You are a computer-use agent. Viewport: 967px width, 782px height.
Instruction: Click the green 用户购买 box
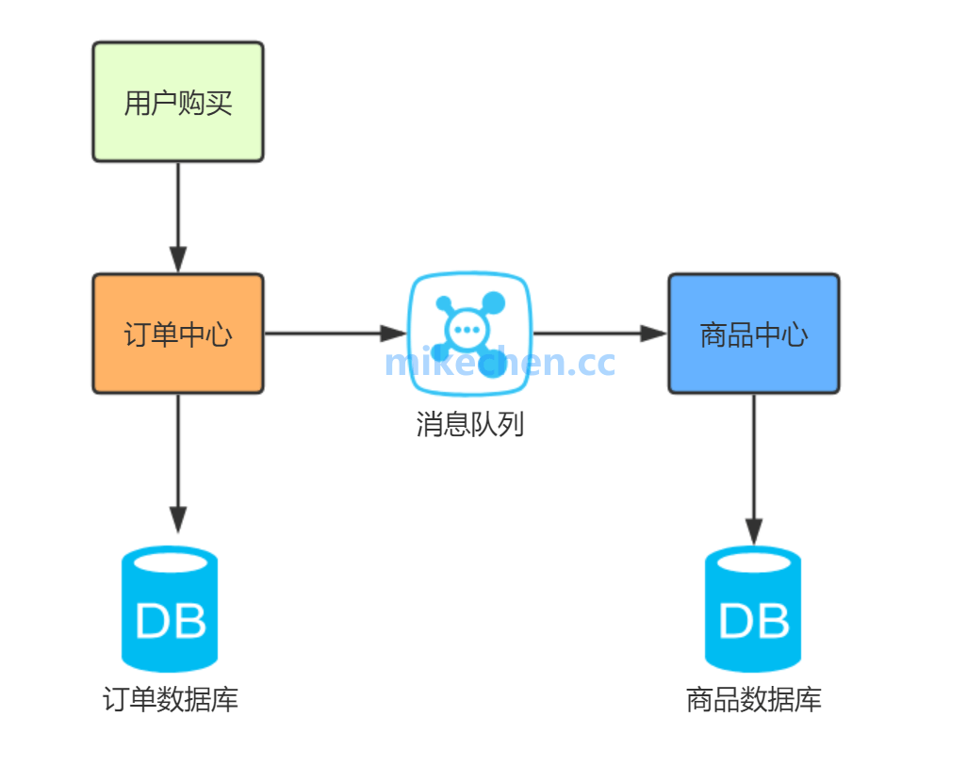(178, 102)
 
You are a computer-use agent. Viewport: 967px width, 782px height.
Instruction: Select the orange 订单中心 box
(178, 334)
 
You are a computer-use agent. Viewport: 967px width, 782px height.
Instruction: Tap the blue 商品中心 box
(753, 334)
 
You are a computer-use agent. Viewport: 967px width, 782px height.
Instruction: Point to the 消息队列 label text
(469, 424)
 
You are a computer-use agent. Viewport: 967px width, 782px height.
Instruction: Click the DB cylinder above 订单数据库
(171, 608)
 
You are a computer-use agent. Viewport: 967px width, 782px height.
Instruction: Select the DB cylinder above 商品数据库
(753, 608)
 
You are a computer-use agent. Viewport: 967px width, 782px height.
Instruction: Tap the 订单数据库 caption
(171, 700)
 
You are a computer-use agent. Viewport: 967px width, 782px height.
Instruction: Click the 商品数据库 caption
(753, 700)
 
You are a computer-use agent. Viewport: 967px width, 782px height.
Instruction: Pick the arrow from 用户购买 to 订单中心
(178, 217)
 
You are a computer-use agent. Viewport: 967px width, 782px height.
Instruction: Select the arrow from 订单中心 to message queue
(335, 333)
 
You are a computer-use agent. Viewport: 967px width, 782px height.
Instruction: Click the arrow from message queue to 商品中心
(599, 333)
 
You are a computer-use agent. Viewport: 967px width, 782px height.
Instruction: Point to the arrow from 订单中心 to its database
(178, 462)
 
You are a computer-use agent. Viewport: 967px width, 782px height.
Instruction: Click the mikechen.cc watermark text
(500, 362)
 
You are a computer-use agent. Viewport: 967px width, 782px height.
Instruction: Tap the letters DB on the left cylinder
(171, 621)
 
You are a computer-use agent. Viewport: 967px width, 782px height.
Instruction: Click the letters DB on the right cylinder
(753, 621)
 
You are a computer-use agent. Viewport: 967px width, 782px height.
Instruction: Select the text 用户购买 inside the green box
(178, 103)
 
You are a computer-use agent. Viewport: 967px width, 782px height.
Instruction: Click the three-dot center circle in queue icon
(466, 330)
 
